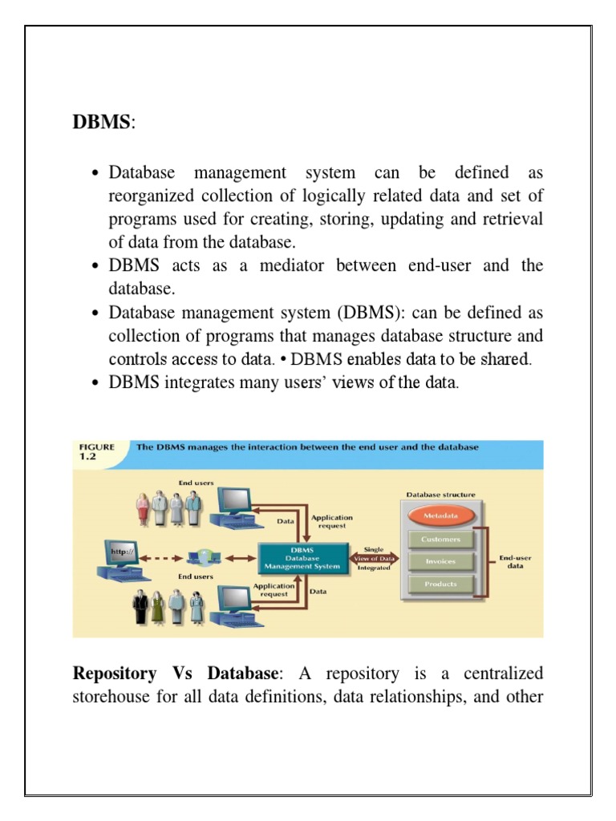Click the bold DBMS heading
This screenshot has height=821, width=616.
point(100,123)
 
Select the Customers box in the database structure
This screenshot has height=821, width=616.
point(440,540)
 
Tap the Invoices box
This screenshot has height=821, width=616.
point(440,561)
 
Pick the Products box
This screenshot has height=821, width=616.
point(440,584)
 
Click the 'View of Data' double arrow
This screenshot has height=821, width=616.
point(373,558)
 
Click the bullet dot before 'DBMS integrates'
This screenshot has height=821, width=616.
point(95,382)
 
